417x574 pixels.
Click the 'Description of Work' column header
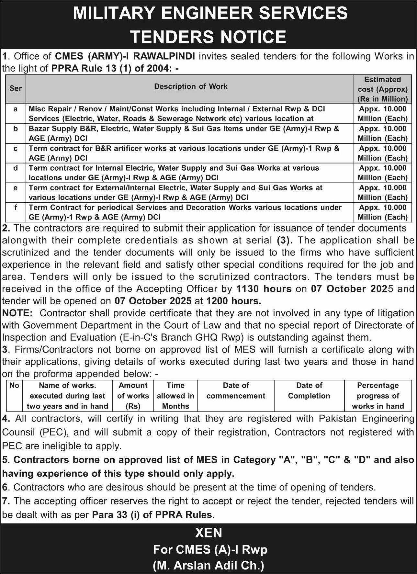(191, 86)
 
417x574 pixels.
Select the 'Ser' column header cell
(16, 88)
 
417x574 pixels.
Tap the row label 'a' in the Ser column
(16, 109)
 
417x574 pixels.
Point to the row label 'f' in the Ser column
(16, 208)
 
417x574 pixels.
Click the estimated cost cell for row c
(382, 153)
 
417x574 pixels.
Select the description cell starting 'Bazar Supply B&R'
(184, 133)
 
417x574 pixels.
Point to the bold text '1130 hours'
(264, 288)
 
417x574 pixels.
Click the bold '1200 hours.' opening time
(233, 301)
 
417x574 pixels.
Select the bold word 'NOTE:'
(17, 313)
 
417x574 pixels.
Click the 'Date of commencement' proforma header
(236, 391)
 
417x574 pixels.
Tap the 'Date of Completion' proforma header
(309, 391)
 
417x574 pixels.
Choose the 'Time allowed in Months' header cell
(175, 396)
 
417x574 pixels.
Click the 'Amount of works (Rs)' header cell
(133, 396)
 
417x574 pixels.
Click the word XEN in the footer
(208, 533)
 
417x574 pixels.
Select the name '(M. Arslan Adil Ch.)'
(208, 565)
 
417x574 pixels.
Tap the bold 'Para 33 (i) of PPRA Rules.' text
(153, 514)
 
